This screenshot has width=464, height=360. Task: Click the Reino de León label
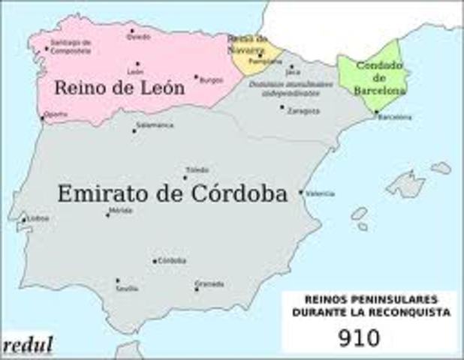coord(119,88)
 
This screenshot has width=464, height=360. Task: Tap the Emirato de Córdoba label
coord(172,194)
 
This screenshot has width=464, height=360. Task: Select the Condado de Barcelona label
coord(380,77)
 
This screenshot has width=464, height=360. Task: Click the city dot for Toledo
coord(185,178)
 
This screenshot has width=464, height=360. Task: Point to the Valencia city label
coord(319,193)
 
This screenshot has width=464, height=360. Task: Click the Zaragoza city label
coord(303,110)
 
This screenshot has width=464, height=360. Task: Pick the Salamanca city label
coord(155,125)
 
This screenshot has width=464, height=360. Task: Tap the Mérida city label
coord(122,210)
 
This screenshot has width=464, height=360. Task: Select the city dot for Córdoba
coord(155,261)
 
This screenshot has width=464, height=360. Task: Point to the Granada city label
coord(209,283)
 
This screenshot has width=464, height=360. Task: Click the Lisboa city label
coord(38,218)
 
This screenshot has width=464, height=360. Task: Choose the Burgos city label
coord(212,78)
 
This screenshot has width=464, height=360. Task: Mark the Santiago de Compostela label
coord(71,46)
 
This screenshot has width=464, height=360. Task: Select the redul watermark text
coord(28,346)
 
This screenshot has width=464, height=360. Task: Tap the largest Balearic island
coord(405,184)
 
